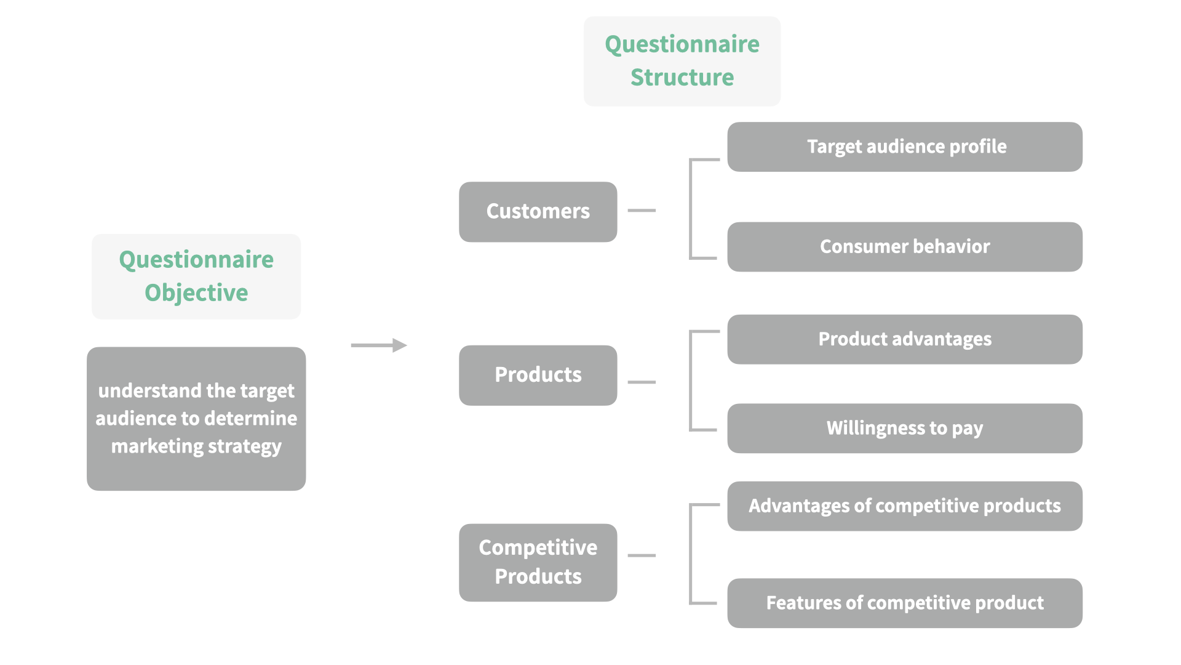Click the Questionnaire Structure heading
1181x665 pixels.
coord(682,61)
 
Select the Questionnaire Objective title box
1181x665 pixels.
coord(196,276)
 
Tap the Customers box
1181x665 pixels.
coord(538,211)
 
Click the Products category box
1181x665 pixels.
coord(538,375)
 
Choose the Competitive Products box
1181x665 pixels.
coord(538,562)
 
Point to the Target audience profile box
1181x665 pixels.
coord(905,147)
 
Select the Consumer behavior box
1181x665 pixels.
coord(905,247)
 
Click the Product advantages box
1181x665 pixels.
coord(905,339)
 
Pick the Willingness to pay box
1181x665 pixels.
coord(905,428)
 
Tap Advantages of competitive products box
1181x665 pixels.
coord(905,506)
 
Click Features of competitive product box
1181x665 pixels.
coord(905,603)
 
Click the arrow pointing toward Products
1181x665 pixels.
coord(378,345)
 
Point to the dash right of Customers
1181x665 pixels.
coord(642,211)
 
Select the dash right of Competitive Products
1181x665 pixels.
coord(642,555)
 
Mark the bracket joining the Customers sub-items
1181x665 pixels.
coord(691,209)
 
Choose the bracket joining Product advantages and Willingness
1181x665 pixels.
coord(691,381)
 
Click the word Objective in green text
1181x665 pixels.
coord(196,293)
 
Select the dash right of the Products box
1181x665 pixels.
coord(642,382)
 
